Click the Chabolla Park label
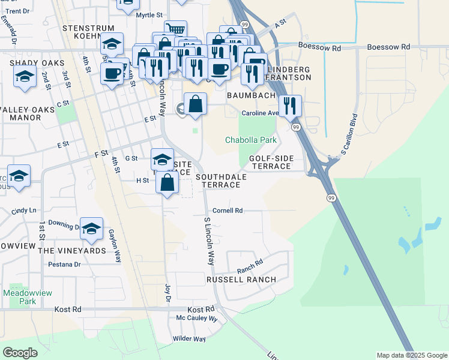[x=251, y=140]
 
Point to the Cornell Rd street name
[x=228, y=211]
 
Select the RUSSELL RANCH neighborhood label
[x=241, y=280]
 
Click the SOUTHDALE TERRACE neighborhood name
[x=218, y=181]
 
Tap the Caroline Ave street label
[x=260, y=113]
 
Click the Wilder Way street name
[x=189, y=339]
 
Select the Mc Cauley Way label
[x=196, y=319]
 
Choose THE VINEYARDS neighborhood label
[x=72, y=250]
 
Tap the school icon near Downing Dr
[x=91, y=228]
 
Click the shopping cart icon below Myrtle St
[x=175, y=30]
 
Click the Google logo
[x=20, y=353]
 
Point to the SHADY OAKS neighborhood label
[x=32, y=62]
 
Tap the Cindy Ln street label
[x=24, y=211]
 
